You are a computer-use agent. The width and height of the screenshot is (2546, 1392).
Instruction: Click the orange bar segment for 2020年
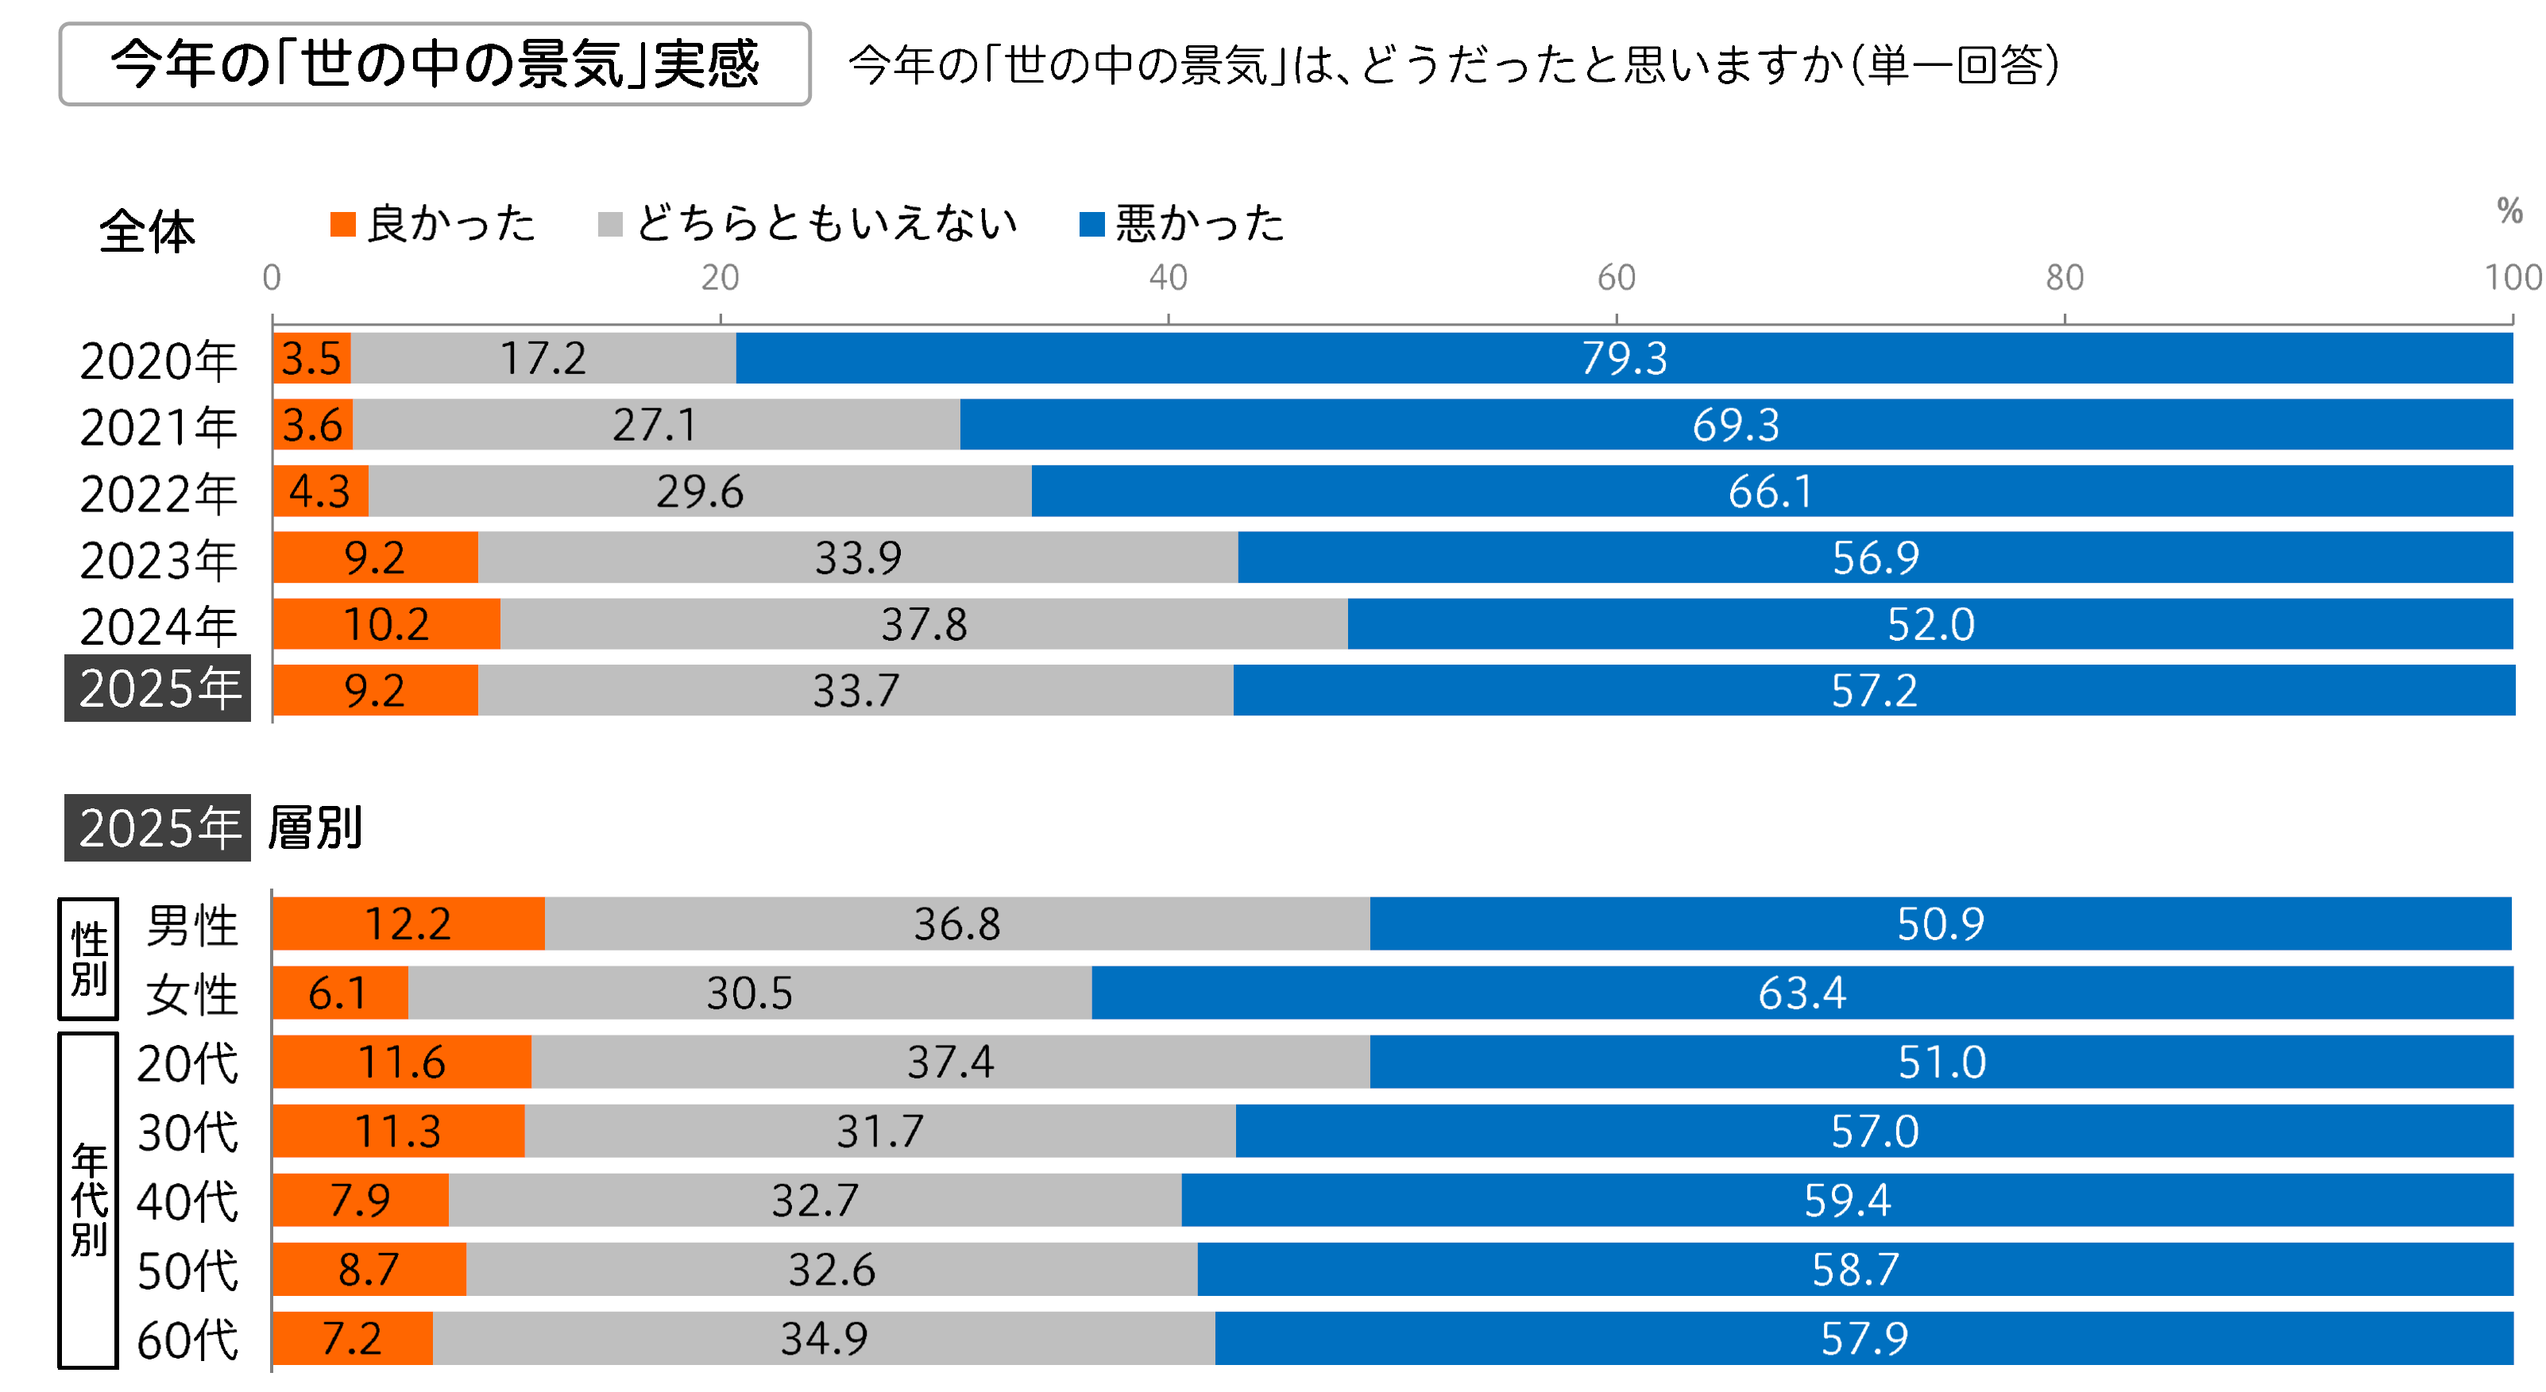(311, 357)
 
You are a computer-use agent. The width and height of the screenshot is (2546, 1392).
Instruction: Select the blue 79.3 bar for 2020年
(1623, 357)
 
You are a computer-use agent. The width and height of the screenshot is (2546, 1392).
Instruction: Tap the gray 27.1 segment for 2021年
(655, 425)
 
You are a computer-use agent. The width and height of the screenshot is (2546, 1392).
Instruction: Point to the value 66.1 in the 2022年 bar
(1770, 491)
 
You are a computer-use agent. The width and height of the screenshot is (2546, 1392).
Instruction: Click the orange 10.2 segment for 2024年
(385, 623)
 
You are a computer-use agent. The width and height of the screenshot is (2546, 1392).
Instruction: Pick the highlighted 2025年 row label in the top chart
(158, 688)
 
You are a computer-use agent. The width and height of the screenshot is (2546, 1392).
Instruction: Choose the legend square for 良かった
(343, 224)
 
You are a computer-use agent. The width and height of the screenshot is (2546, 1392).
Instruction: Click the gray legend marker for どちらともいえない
(610, 224)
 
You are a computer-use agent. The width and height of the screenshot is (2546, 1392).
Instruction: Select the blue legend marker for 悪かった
(1091, 224)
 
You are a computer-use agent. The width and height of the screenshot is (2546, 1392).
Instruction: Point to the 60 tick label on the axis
(1616, 278)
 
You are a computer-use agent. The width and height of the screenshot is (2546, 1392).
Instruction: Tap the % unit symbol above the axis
(2509, 210)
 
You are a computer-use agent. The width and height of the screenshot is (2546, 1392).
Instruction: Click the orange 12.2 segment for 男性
(408, 924)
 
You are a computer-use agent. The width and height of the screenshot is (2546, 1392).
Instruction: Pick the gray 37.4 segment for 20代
(950, 1062)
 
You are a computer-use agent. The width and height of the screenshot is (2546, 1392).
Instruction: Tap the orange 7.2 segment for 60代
(352, 1339)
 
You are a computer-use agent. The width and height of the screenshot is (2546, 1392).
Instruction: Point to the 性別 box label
(89, 958)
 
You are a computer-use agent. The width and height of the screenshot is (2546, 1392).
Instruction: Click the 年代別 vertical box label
(89, 1201)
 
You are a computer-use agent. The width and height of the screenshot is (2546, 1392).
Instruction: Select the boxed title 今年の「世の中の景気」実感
(435, 64)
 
